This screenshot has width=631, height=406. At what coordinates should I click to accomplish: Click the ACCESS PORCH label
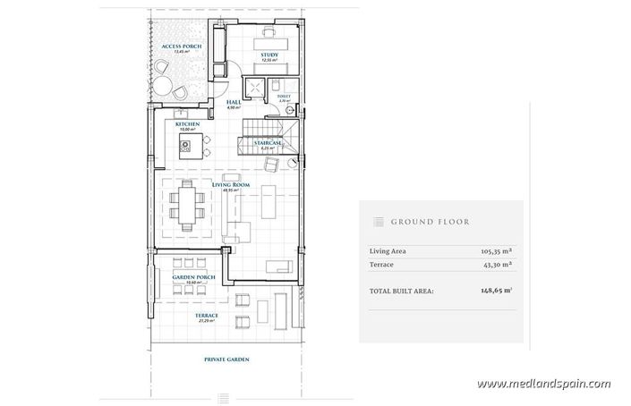click(x=179, y=47)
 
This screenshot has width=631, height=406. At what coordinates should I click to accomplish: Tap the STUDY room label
click(x=270, y=55)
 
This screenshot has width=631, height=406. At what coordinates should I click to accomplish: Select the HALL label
click(x=234, y=103)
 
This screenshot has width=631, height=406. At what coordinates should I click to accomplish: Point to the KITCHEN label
click(x=186, y=123)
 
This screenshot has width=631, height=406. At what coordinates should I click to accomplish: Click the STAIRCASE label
click(x=269, y=143)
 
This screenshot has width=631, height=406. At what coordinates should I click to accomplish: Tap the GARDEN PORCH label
click(x=189, y=278)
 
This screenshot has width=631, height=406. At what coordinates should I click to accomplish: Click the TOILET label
click(x=284, y=97)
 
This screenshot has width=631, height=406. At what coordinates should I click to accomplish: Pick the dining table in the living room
click(x=187, y=204)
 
